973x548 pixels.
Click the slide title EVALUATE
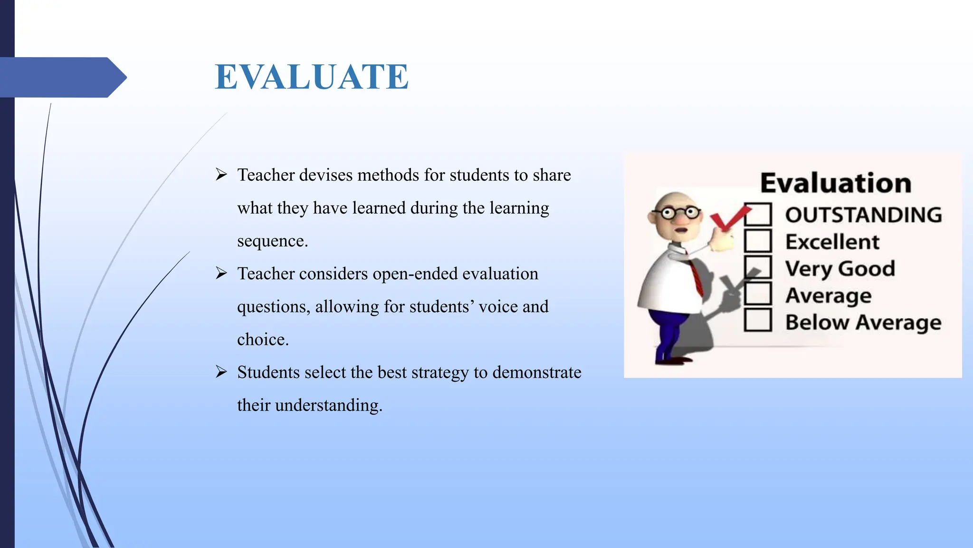click(311, 77)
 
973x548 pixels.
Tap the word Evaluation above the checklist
click(836, 183)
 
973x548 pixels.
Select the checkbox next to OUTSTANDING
click(757, 215)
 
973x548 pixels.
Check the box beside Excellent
click(757, 241)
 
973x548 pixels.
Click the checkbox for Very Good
click(757, 268)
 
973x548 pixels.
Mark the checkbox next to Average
click(757, 294)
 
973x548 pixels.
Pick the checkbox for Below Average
click(757, 321)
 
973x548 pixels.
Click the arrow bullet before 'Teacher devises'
click(221, 175)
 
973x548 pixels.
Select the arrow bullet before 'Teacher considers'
click(221, 273)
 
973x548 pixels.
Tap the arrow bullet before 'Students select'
click(221, 372)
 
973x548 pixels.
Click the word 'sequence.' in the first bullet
click(272, 241)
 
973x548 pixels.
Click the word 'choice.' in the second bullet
click(263, 340)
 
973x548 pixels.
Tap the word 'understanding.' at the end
click(328, 405)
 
